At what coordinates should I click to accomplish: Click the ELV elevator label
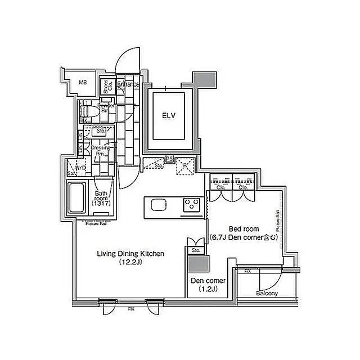(169, 116)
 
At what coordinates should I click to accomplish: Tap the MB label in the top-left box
(83, 83)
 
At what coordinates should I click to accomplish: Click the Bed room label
(244, 229)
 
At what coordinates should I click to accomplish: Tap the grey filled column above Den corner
(197, 264)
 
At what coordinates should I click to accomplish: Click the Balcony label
(266, 294)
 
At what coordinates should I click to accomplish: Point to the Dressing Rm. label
(102, 150)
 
